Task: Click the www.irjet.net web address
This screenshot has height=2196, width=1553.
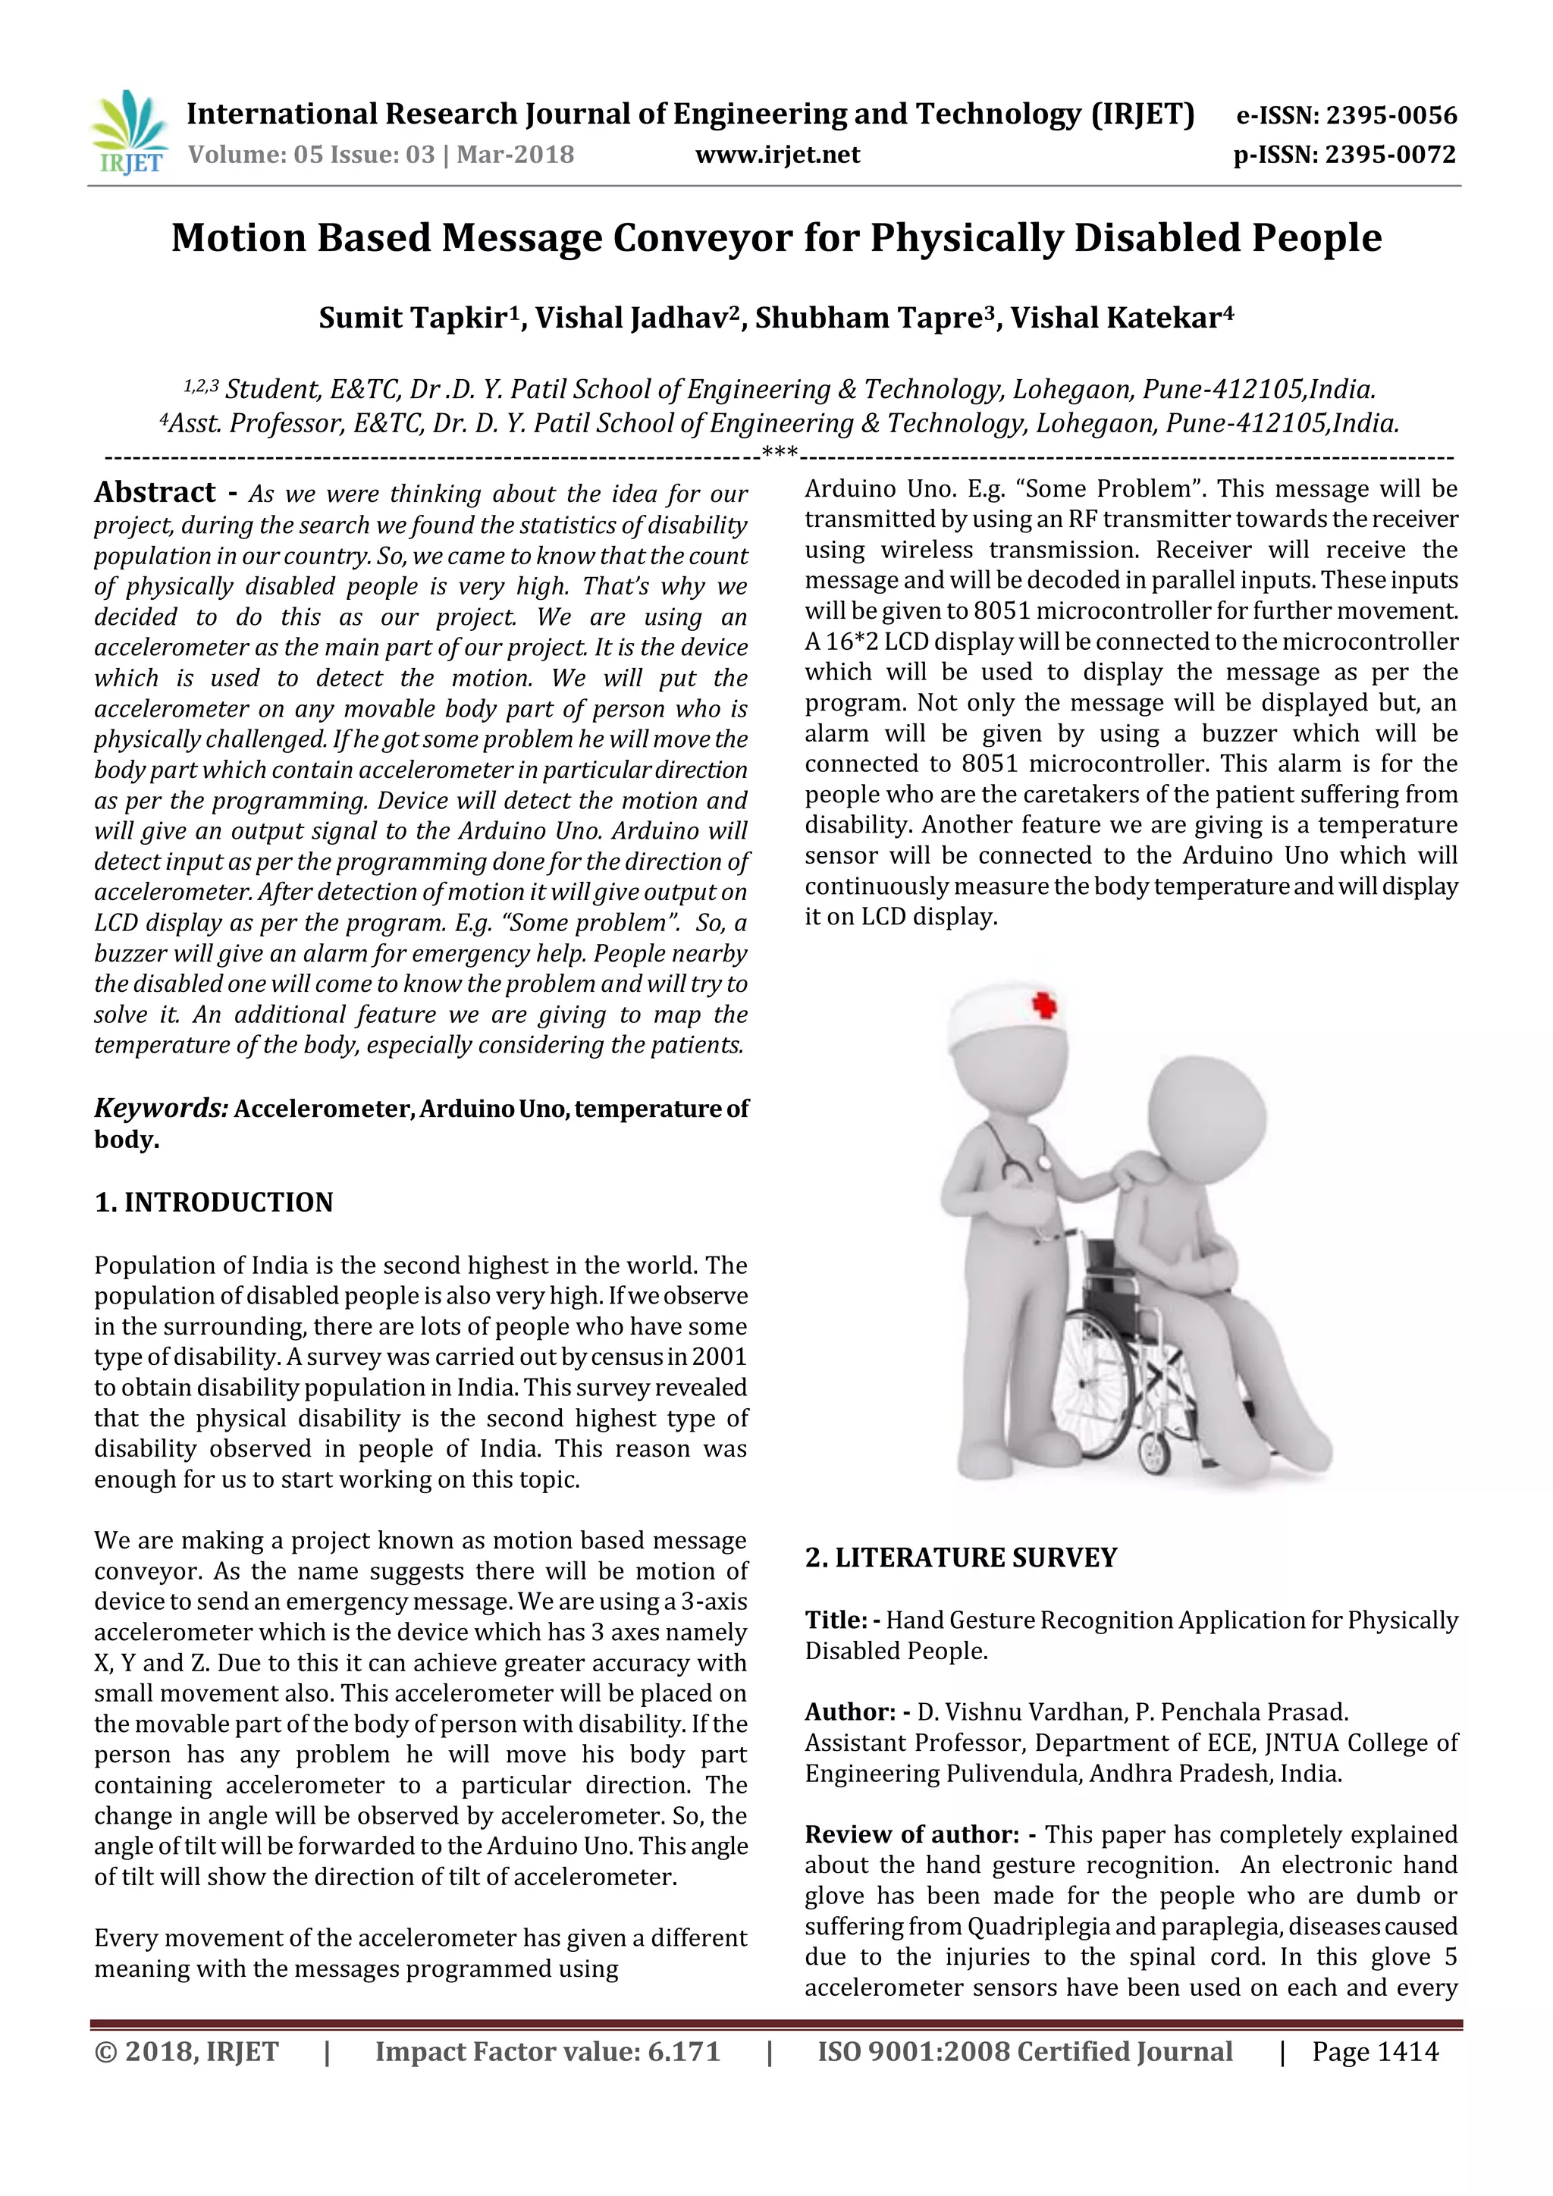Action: coord(777,155)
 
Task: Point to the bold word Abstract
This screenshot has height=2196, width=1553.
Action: coord(155,493)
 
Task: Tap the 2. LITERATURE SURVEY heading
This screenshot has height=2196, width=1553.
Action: coord(960,1558)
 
